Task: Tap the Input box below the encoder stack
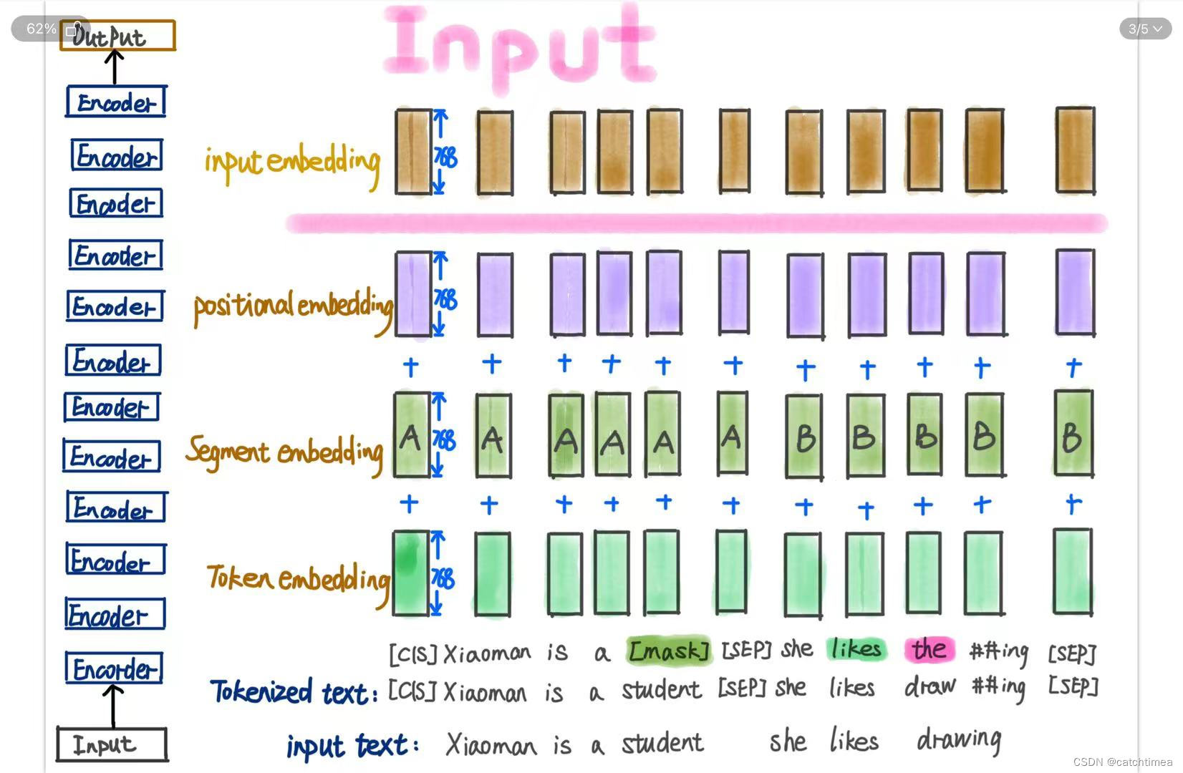click(111, 744)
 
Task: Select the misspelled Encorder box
click(114, 669)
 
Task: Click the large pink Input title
click(520, 46)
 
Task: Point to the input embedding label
click(291, 161)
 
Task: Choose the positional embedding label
click(293, 306)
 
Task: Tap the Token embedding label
click(298, 578)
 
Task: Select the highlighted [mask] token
click(669, 651)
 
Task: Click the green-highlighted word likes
click(856, 649)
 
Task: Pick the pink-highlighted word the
click(929, 649)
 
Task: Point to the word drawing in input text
click(959, 740)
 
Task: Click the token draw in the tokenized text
click(929, 687)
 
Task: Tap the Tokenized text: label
click(294, 691)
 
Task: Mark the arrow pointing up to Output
click(114, 67)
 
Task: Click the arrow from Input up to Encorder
click(112, 706)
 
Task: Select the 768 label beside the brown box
click(445, 157)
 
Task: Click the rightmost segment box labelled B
click(1073, 434)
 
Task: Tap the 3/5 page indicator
click(1145, 29)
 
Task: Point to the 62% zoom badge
click(41, 29)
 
